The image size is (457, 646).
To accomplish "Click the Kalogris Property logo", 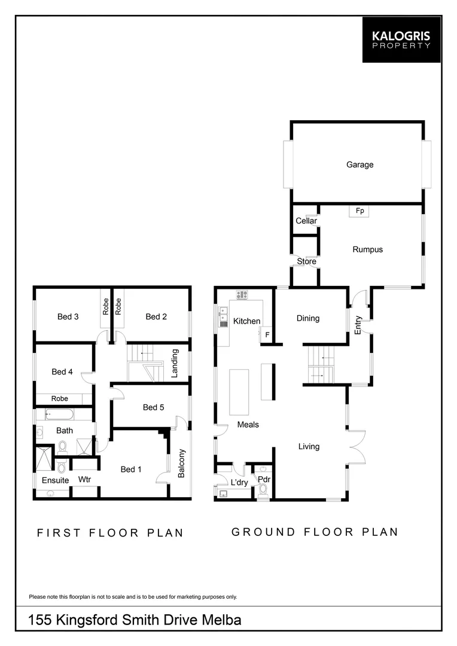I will pos(401,39).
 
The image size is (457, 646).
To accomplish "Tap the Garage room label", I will pos(359,164).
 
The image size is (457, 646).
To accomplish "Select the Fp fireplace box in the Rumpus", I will pos(359,211).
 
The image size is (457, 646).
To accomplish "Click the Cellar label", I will pos(306,221).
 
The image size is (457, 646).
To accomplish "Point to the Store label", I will pos(306,261).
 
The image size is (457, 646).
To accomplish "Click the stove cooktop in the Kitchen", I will pos(242,294).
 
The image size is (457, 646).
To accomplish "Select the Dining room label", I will pos(308,318).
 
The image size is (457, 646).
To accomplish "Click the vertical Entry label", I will pos(358,324).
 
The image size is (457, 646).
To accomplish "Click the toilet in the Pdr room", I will pos(263,489).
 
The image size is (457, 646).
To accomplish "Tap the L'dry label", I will pos(230,482).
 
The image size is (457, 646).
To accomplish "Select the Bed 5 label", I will pos(153,407).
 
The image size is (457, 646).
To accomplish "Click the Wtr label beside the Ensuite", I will pos(84,480).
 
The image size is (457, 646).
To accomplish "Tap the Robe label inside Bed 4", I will pos(59,398).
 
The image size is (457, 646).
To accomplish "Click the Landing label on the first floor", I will pos(175,363).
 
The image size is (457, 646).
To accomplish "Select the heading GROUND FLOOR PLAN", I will pos(315,532).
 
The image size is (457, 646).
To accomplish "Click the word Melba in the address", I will pos(220,620).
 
